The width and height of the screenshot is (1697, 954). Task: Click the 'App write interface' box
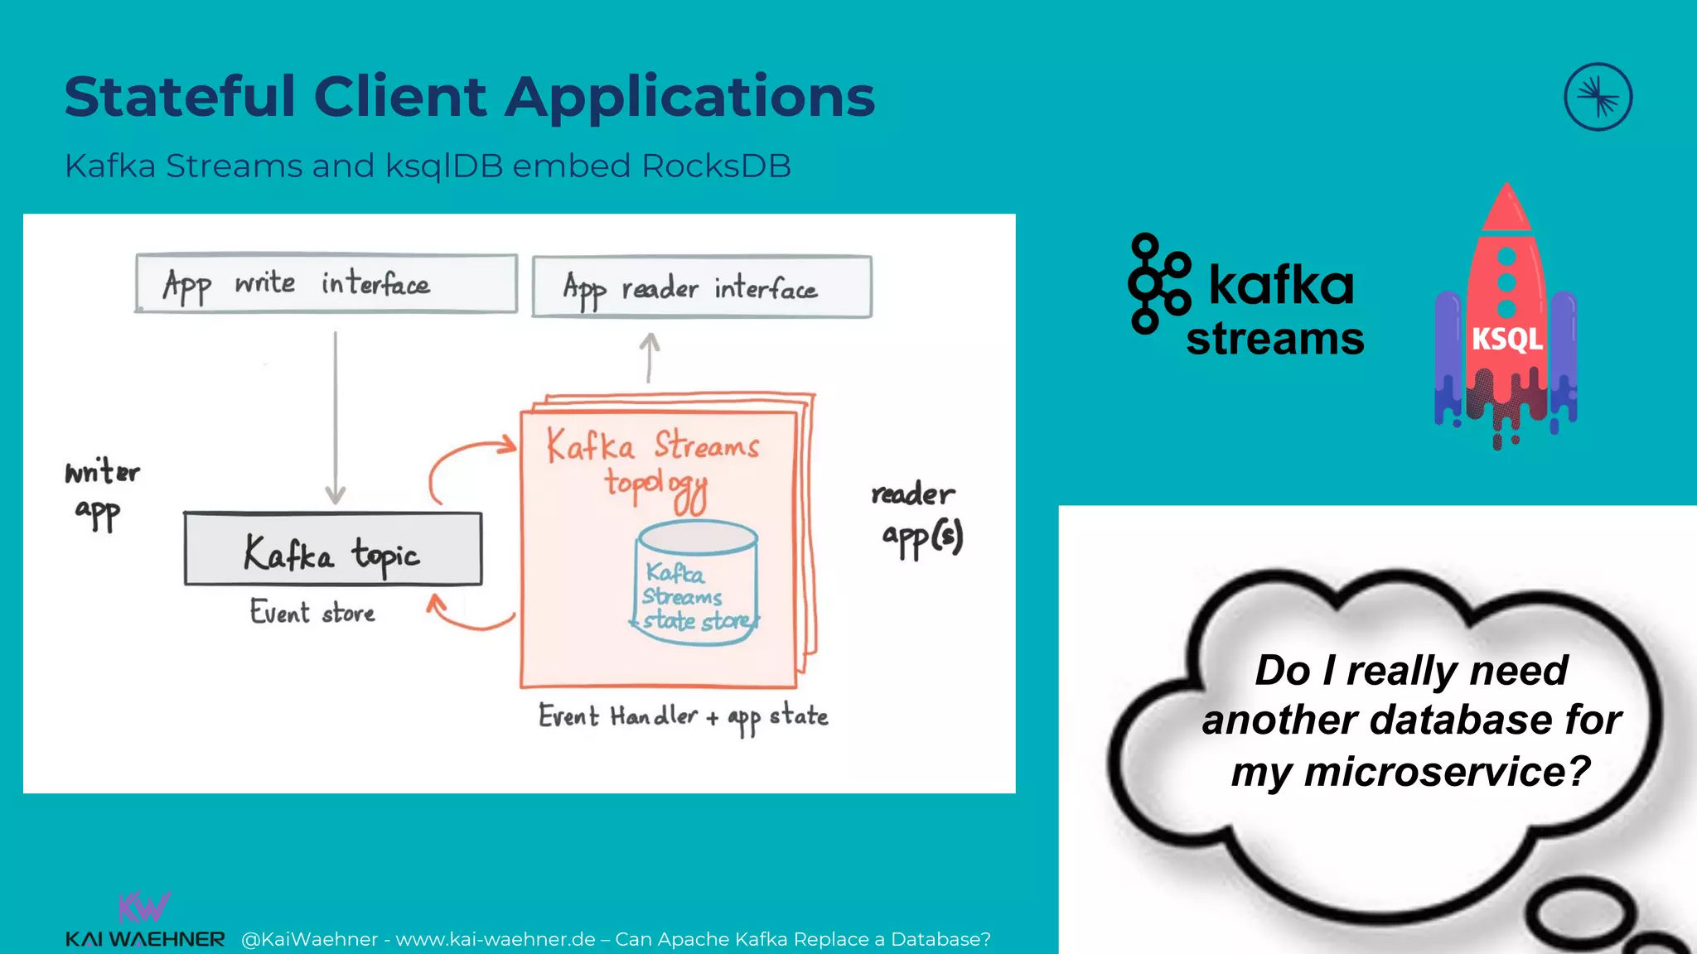[x=326, y=283]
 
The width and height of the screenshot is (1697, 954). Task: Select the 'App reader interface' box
[x=701, y=287]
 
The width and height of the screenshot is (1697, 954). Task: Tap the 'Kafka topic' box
[x=332, y=550]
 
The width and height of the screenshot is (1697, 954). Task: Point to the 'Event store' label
[x=312, y=613]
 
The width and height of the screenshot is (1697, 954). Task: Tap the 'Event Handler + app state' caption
[x=683, y=716]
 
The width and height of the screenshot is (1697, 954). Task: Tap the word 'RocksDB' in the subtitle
[x=716, y=166]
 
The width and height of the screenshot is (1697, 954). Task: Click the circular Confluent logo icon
[x=1598, y=97]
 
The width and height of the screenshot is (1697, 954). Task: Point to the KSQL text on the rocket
[x=1506, y=339]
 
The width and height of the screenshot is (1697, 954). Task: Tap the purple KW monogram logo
[x=144, y=907]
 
